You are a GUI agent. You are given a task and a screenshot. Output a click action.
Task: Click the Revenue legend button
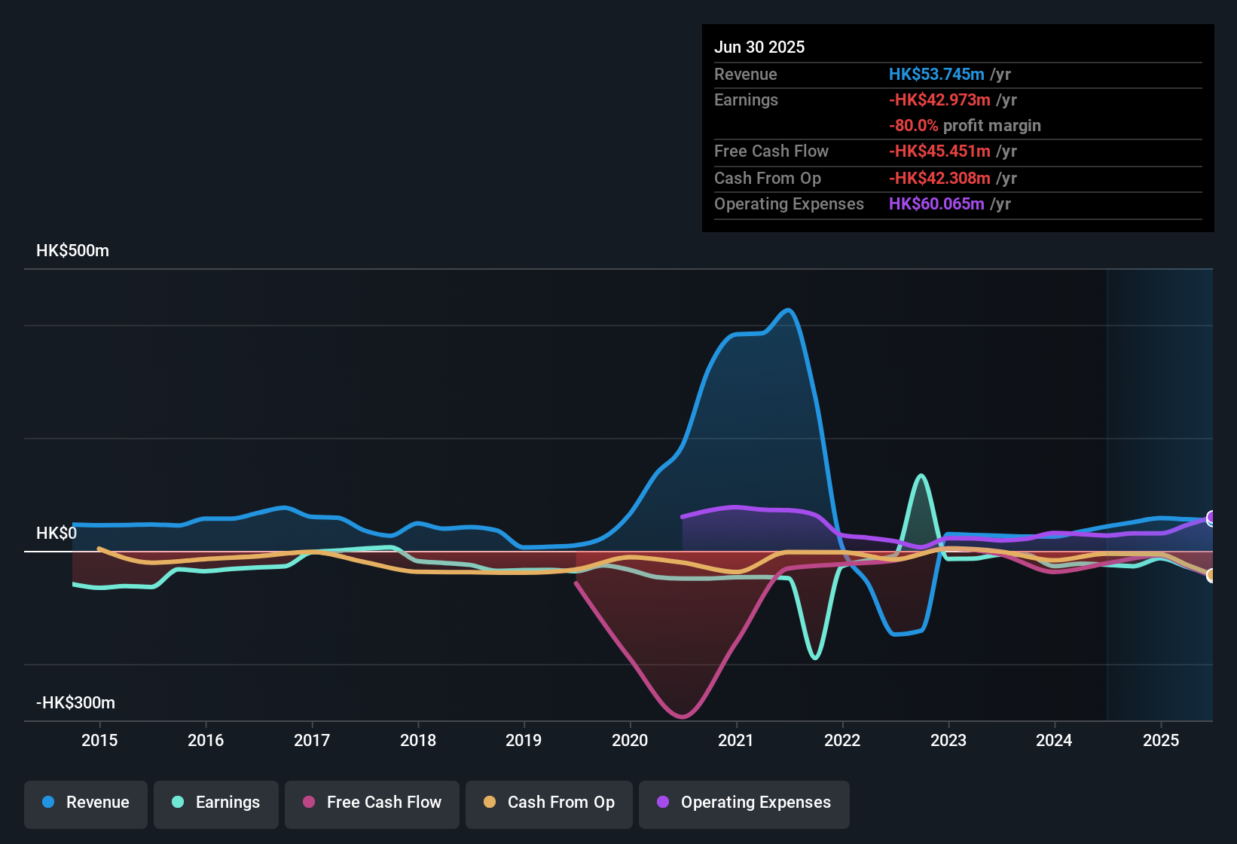point(86,803)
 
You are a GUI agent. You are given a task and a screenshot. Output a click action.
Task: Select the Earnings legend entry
point(216,803)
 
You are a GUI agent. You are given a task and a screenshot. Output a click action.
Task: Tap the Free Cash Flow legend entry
point(372,803)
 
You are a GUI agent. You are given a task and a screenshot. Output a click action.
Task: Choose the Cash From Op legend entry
point(549,803)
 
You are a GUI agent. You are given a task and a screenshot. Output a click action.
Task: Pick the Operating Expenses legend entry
point(744,803)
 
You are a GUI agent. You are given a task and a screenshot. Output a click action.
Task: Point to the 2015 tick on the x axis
point(99,740)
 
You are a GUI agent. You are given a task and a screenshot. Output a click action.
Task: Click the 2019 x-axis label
point(524,740)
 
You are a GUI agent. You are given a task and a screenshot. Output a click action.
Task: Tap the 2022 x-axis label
point(842,740)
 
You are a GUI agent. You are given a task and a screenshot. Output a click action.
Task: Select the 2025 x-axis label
point(1161,740)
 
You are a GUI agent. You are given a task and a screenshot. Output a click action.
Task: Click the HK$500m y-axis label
point(72,251)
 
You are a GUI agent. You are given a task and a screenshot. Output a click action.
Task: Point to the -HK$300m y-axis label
point(75,703)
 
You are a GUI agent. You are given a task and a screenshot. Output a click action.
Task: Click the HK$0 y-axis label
point(57,534)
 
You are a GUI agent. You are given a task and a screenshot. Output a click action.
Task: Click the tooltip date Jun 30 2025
point(759,47)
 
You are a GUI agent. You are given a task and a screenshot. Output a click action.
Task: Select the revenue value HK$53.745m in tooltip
point(936,75)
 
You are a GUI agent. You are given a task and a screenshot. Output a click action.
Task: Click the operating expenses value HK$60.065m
point(936,204)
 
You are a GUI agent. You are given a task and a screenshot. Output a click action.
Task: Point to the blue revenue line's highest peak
point(788,310)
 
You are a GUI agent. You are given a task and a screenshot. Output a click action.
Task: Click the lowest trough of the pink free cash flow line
point(683,717)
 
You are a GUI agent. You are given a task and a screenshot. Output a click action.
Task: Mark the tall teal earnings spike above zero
point(921,476)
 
